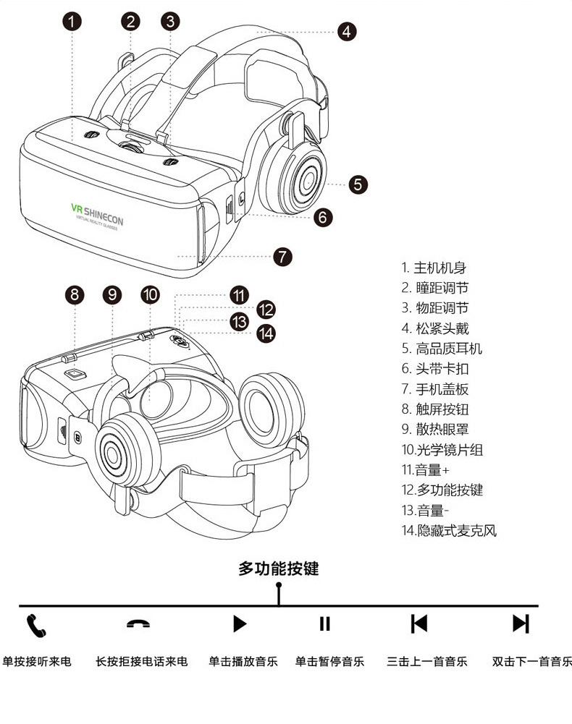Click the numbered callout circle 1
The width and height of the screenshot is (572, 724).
[72, 21]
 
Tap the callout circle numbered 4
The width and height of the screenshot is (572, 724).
[346, 31]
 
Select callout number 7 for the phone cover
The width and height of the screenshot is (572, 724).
[282, 256]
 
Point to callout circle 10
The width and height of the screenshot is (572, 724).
[150, 294]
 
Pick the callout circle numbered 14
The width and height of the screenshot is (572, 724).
[266, 333]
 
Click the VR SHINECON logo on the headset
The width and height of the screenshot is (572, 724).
[97, 212]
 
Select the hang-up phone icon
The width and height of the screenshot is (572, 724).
[138, 624]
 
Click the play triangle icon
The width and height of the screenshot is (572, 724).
[240, 623]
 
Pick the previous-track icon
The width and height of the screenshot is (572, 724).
[419, 623]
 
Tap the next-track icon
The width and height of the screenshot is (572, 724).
[521, 623]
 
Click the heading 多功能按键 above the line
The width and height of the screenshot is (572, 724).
[279, 568]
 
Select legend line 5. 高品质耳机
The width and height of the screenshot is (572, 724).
[442, 349]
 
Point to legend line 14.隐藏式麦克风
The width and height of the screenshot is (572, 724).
[450, 531]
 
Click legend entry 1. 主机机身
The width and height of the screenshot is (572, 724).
[435, 268]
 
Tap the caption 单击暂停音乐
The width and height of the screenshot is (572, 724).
[329, 661]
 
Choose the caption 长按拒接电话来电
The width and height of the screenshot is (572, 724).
[142, 661]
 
